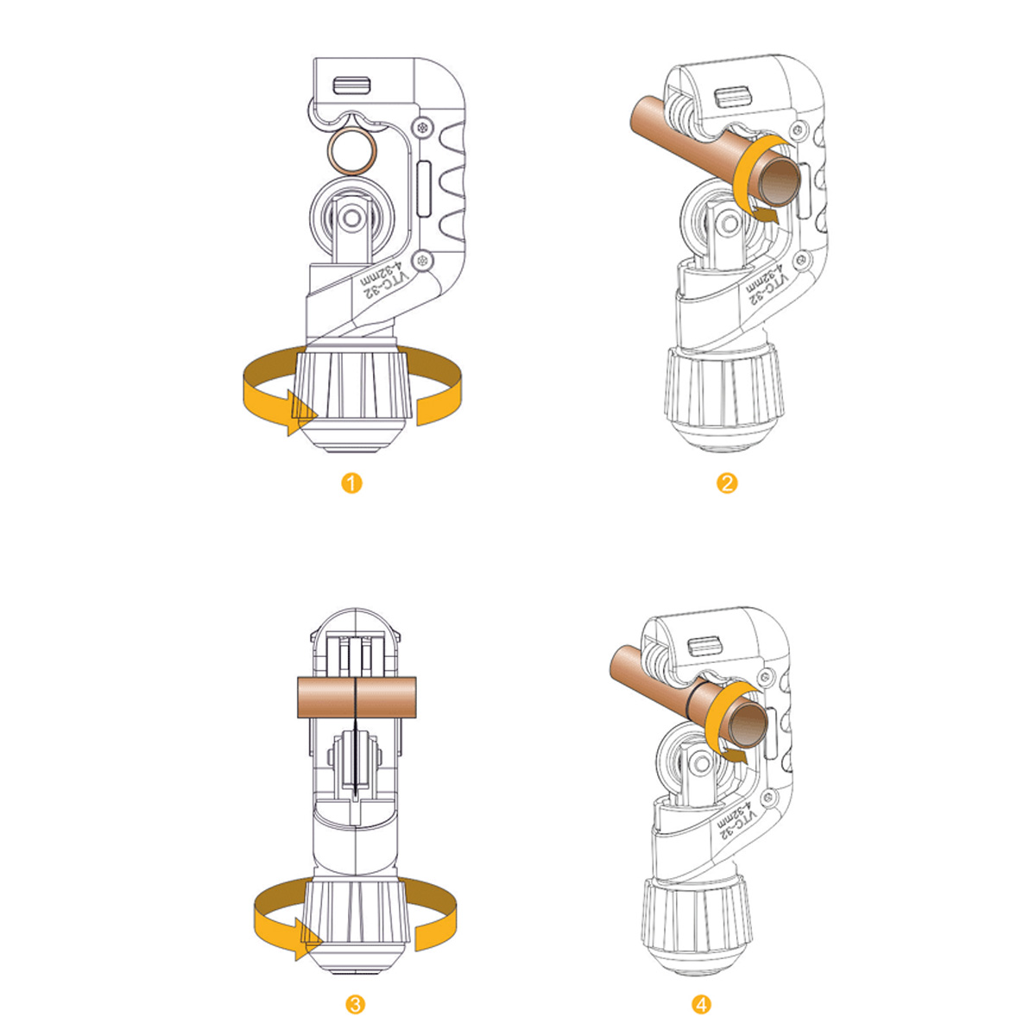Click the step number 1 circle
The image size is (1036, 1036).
pos(351,483)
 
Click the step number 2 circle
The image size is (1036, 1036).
pos(727,483)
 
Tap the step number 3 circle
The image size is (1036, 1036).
pos(356,1004)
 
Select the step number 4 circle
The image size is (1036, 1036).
pos(702,1004)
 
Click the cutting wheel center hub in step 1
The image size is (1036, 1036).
pos(352,218)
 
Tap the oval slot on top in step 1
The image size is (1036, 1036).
pos(352,85)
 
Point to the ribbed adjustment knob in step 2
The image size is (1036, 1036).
pos(723,386)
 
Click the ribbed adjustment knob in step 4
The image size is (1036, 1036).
pos(698,915)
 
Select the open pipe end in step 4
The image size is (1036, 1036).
pos(749,723)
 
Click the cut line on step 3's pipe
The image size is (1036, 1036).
pos(356,698)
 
